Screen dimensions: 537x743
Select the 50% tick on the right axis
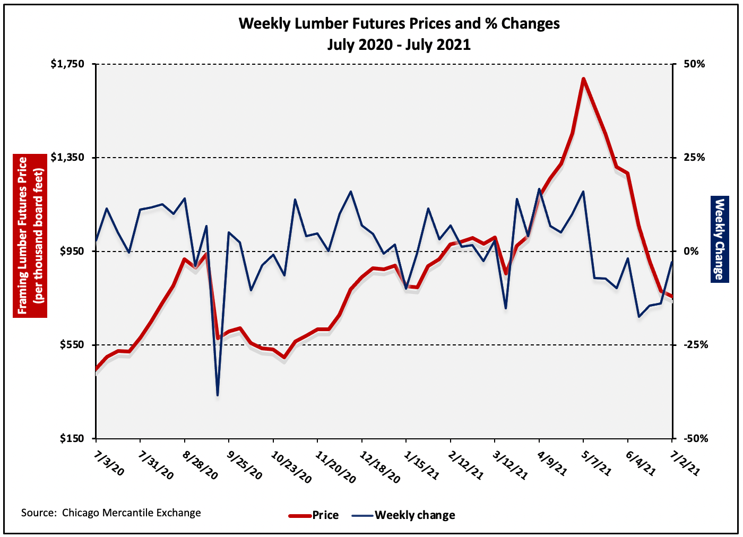tap(694, 64)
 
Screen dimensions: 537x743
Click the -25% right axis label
tap(695, 345)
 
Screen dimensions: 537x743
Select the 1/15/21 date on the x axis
tap(421, 466)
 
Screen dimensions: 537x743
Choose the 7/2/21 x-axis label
tap(686, 464)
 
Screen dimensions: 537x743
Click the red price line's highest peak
tap(583, 79)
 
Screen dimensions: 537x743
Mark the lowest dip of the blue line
tap(218, 395)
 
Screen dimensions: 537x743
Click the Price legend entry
tap(325, 515)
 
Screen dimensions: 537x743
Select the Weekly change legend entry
tap(414, 515)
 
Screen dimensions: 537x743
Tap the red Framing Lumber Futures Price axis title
tap(30, 236)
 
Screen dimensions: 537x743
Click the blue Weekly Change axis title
tap(719, 239)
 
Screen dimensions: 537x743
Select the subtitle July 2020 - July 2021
tap(399, 45)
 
